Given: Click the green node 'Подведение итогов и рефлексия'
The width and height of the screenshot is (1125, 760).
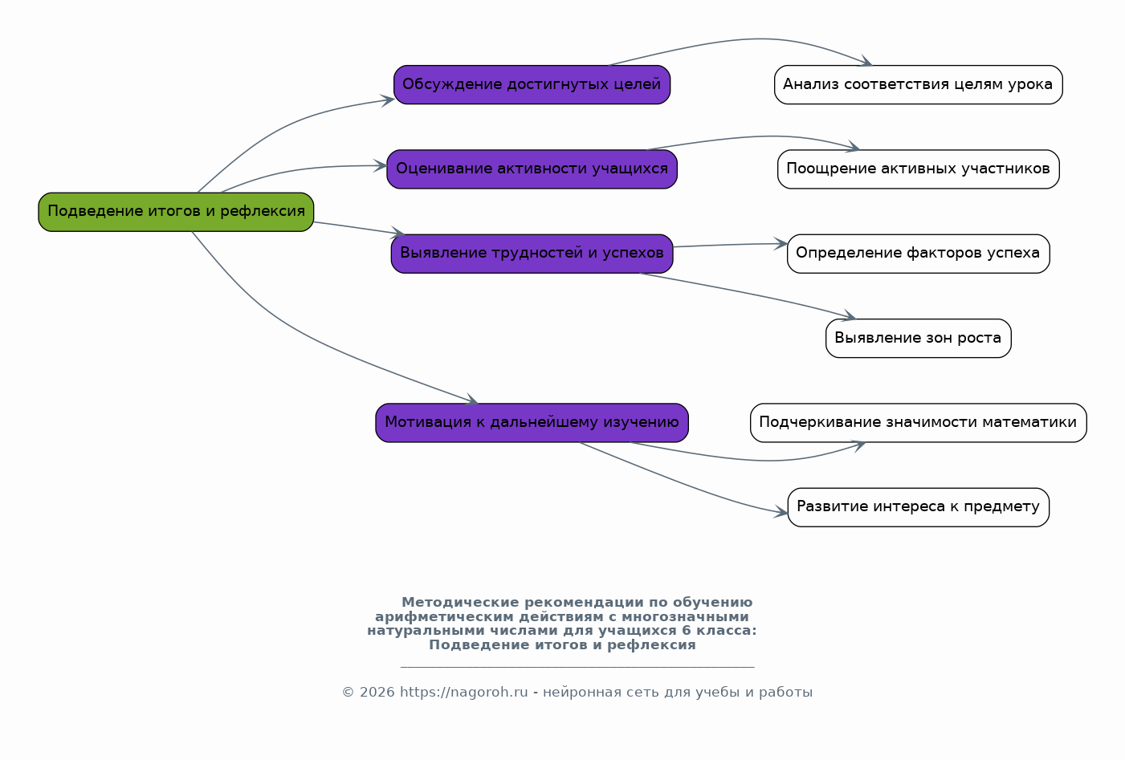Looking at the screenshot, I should pos(176,212).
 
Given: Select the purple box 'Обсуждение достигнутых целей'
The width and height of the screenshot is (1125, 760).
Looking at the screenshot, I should pos(532,84).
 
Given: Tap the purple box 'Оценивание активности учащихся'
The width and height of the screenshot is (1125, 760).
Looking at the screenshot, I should pos(532,169).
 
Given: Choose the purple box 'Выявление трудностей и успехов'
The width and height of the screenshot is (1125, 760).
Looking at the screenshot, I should pos(532,254).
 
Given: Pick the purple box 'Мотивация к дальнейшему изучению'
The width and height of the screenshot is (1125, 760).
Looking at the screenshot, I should pos(532,422).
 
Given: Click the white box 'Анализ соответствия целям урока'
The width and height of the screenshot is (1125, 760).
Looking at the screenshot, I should pos(918,84).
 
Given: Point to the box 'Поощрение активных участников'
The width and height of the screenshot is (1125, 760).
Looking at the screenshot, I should pos(918,169).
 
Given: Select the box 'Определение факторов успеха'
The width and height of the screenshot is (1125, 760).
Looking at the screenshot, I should pos(918,254).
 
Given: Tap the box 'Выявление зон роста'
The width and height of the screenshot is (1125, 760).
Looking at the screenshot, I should pos(918,338).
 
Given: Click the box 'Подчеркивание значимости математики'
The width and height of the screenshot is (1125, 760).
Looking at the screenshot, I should pos(918,422).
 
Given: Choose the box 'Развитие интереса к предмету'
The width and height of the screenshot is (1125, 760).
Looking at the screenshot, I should pos(918,507).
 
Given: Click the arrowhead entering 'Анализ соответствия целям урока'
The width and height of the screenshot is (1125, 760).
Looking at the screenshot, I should pos(867,62).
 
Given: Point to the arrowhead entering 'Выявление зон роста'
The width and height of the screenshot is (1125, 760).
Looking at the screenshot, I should pos(850,317).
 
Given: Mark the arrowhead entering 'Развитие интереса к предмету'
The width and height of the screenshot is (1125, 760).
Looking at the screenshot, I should pos(782,512).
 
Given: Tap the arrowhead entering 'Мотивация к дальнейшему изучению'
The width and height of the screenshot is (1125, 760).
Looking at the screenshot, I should pos(472,400).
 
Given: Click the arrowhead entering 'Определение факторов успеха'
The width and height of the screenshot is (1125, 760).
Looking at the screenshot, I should pos(781,243).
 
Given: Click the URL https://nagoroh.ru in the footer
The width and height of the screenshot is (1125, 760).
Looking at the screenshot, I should pos(463,693).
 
